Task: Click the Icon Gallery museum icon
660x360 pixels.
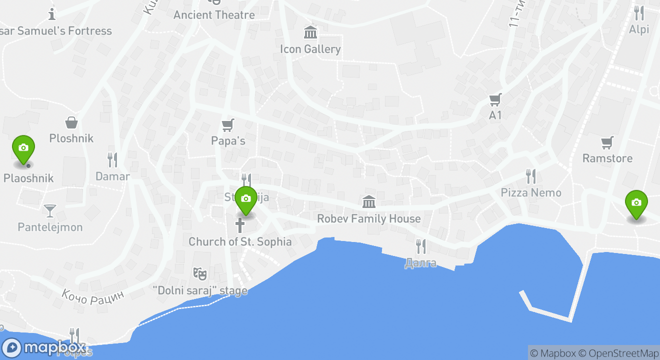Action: click(310, 33)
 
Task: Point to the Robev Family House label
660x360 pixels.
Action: click(369, 218)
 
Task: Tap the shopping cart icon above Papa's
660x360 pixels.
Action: click(228, 124)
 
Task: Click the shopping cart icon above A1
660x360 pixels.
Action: click(495, 99)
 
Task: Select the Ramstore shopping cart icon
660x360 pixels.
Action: click(607, 142)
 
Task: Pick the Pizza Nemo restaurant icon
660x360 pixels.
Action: click(531, 176)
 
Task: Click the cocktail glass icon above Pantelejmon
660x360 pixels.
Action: click(49, 211)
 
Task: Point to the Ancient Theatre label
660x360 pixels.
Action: click(214, 15)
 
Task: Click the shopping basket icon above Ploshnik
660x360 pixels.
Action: click(71, 122)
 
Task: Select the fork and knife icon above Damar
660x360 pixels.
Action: click(112, 160)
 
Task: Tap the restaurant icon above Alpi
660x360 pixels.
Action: click(638, 13)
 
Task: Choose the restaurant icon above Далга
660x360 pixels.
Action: click(421, 246)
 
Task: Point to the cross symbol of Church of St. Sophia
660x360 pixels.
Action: click(240, 225)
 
